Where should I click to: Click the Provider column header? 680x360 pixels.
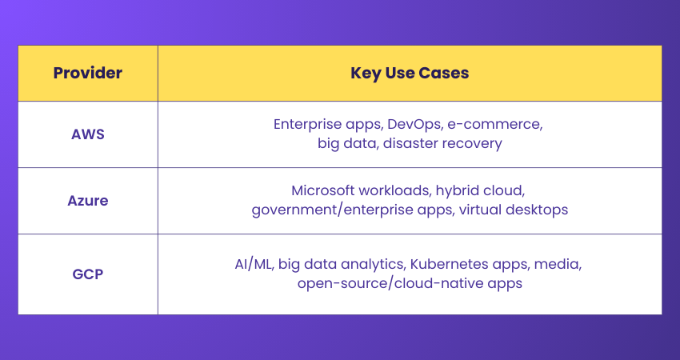(x=88, y=73)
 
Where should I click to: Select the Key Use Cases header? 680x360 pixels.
(x=410, y=73)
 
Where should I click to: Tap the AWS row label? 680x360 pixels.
(x=88, y=134)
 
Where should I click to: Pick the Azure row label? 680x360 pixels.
(x=88, y=200)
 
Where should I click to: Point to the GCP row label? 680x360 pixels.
(x=88, y=274)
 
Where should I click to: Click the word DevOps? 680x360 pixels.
(x=415, y=125)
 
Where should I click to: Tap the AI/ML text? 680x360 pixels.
(x=254, y=264)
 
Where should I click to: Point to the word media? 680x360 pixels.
(x=558, y=264)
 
